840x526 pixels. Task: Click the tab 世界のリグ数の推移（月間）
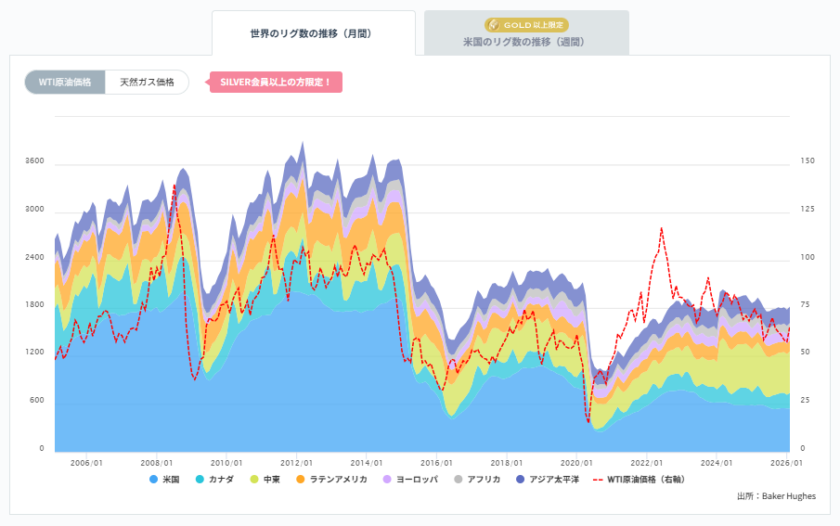(312, 33)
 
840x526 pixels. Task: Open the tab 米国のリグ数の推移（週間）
(526, 42)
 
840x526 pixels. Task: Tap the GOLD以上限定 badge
(526, 25)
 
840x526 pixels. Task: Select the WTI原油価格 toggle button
(65, 83)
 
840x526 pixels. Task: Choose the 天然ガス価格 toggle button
(147, 83)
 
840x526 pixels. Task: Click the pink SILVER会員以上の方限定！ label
(276, 83)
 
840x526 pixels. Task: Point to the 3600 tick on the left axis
(34, 161)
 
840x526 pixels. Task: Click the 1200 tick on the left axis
(34, 353)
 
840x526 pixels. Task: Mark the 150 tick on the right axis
(807, 161)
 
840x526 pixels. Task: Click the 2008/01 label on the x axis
(156, 463)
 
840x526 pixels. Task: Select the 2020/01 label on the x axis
(575, 463)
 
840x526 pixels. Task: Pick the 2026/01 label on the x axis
(785, 463)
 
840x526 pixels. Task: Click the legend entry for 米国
(164, 480)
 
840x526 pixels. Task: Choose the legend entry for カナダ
(214, 480)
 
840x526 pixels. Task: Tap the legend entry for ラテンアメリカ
(331, 480)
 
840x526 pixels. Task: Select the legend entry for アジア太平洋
(548, 480)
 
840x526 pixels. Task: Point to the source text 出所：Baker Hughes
(776, 496)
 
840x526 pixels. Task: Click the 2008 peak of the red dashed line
(174, 186)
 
